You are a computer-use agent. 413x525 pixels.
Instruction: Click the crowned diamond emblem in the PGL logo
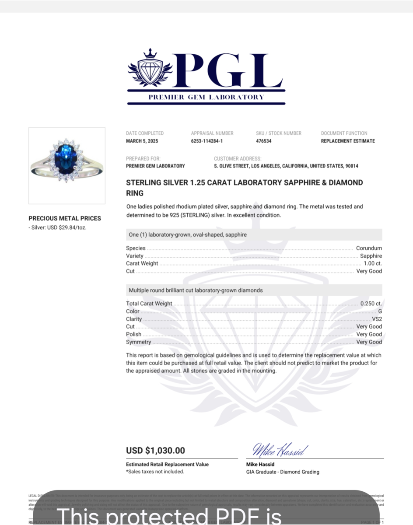(150, 69)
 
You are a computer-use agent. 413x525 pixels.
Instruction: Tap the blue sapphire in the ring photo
(66, 159)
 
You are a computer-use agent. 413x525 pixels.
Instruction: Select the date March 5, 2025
(142, 141)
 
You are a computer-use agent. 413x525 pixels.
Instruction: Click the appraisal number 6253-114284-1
(207, 141)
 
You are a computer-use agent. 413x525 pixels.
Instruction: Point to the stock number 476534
(264, 141)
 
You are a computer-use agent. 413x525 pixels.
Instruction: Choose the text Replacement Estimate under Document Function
(348, 141)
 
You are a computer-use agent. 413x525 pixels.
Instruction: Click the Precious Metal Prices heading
(65, 218)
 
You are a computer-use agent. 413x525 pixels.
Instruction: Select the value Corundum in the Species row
(369, 248)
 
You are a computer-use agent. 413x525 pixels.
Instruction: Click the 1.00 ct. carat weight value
(373, 263)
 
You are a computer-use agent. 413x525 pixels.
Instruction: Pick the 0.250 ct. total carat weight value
(371, 304)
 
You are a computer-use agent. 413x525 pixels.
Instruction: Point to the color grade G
(380, 311)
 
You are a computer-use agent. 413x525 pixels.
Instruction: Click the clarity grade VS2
(377, 319)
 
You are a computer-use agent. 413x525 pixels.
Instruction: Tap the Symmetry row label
(138, 342)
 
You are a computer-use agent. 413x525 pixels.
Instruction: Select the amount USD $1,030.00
(155, 451)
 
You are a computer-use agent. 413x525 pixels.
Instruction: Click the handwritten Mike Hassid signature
(280, 449)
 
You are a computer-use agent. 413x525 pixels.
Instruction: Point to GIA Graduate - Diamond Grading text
(283, 472)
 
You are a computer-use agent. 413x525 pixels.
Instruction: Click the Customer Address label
(238, 159)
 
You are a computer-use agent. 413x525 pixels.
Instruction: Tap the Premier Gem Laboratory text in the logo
(206, 97)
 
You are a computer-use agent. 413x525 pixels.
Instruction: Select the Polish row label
(133, 334)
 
